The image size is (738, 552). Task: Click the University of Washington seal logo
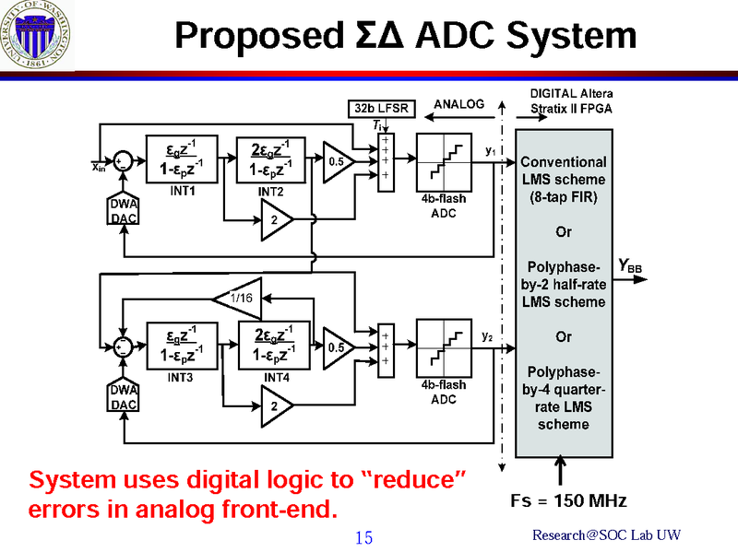pos(38,39)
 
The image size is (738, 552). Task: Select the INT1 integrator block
pos(182,159)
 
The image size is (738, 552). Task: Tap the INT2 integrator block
pos(272,159)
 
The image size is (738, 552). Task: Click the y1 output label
pos(490,149)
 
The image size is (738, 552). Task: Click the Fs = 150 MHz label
pos(568,501)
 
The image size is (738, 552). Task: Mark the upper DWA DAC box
pos(124,211)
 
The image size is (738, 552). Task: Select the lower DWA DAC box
pos(124,397)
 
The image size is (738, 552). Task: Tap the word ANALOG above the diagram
pos(458,105)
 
